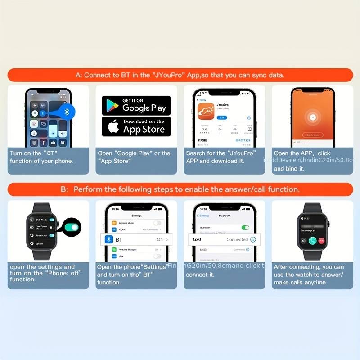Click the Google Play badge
pyautogui.click(x=136, y=105)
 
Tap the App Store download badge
pyautogui.click(x=136, y=126)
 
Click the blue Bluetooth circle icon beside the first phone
pyautogui.click(x=67, y=112)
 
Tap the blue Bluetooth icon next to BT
pyautogui.click(x=108, y=239)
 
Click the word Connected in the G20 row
pyautogui.click(x=237, y=239)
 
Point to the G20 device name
pyautogui.click(x=197, y=239)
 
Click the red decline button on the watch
pyautogui.click(x=322, y=240)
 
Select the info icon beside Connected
pyautogui.click(x=253, y=239)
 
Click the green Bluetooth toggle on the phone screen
pyautogui.click(x=245, y=228)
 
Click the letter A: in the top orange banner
pyautogui.click(x=79, y=75)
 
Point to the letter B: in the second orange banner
pyautogui.click(x=65, y=189)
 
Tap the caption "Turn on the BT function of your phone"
pyautogui.click(x=41, y=157)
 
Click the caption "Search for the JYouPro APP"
pyautogui.click(x=215, y=157)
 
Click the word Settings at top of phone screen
pyautogui.click(x=136, y=216)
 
